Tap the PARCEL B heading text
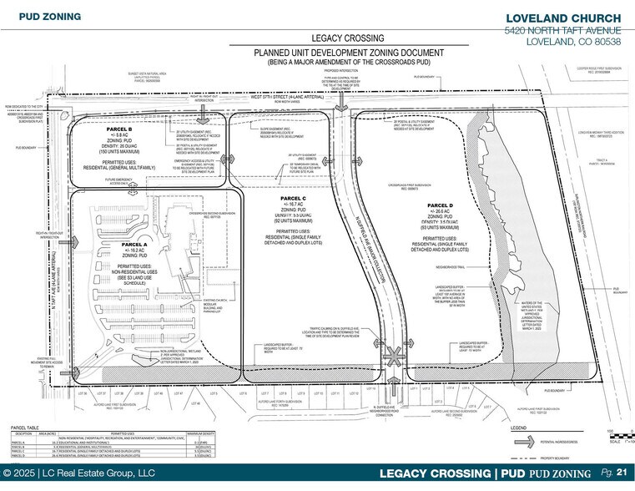tap(119, 129)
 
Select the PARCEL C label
tap(286, 198)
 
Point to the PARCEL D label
tap(438, 205)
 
